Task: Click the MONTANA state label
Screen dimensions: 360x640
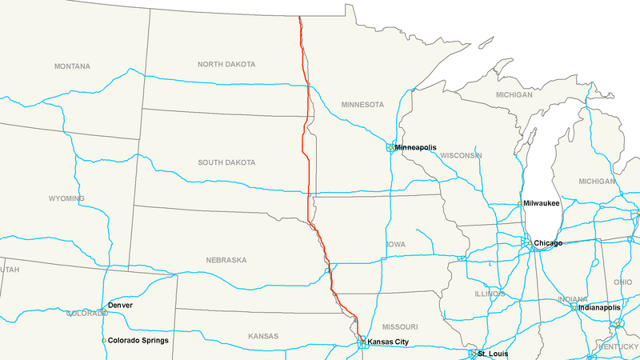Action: pos(72,66)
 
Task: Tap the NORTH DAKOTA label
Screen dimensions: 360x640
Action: pos(226,64)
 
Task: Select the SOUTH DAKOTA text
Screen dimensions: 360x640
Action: pos(226,162)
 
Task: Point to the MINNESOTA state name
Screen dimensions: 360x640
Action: pos(362,105)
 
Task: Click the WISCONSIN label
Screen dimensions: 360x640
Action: pos(460,155)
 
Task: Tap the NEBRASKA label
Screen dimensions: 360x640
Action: pos(225,260)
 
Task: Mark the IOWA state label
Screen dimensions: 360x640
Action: pos(396,244)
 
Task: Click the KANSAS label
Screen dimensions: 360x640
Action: pos(262,336)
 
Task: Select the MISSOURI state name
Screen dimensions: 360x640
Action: pos(399,326)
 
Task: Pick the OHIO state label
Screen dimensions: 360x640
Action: pos(622,282)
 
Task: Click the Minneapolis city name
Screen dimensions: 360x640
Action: pos(415,147)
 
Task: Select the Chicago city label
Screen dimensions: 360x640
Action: pos(548,242)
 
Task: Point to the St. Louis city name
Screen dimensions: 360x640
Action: pos(493,353)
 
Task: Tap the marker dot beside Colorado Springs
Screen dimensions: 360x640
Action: pos(103,341)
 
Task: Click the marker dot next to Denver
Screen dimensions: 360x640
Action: pos(103,307)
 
